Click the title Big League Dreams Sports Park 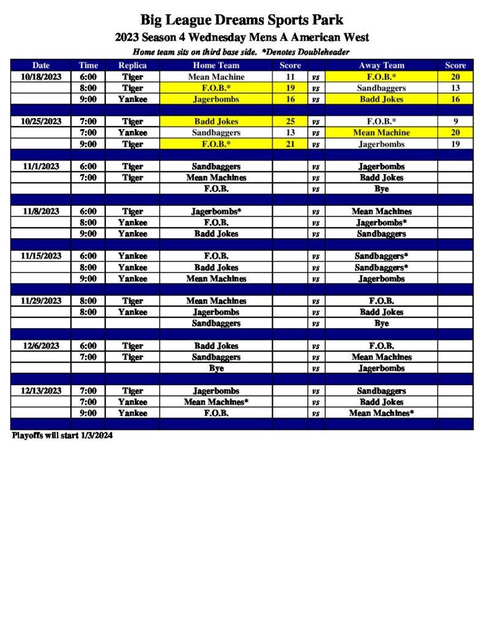pyautogui.click(x=242, y=20)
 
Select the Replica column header pyautogui.click(x=132, y=66)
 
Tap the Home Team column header pyautogui.click(x=216, y=66)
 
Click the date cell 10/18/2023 pyautogui.click(x=41, y=77)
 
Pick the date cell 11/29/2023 pyautogui.click(x=41, y=301)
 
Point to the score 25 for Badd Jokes pyautogui.click(x=290, y=121)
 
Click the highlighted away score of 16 pyautogui.click(x=455, y=99)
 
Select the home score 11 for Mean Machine pyautogui.click(x=290, y=77)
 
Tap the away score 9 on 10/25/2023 pyautogui.click(x=455, y=121)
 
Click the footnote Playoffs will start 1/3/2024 pyautogui.click(x=62, y=436)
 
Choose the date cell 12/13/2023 pyautogui.click(x=41, y=391)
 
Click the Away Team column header pyautogui.click(x=381, y=66)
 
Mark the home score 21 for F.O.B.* pyautogui.click(x=290, y=144)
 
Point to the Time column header pyautogui.click(x=88, y=66)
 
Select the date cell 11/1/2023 pyautogui.click(x=41, y=167)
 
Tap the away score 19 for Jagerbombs pyautogui.click(x=455, y=144)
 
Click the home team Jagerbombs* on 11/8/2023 pyautogui.click(x=216, y=211)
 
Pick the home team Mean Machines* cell pyautogui.click(x=216, y=402)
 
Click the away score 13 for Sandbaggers pyautogui.click(x=455, y=88)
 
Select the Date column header pyautogui.click(x=41, y=66)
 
